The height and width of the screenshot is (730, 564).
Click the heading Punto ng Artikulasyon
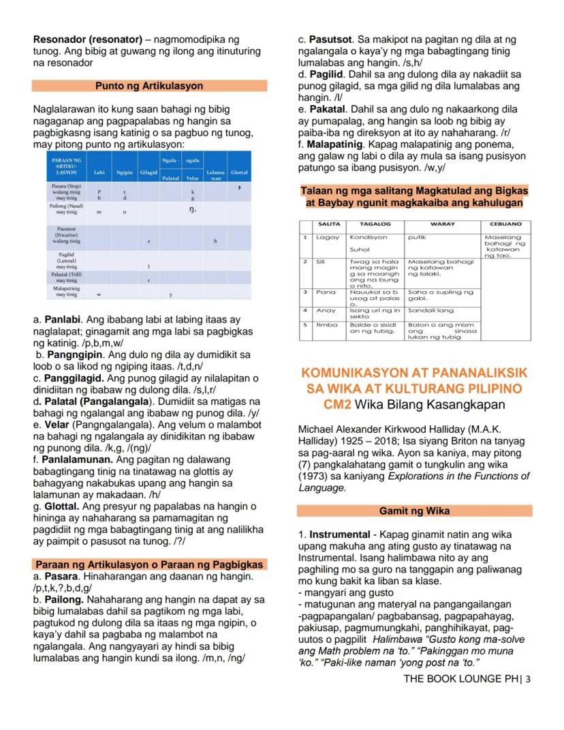[149, 86]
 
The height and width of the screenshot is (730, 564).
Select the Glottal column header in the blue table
[239, 172]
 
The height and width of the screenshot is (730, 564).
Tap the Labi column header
[99, 172]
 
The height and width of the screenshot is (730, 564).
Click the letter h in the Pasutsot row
[215, 241]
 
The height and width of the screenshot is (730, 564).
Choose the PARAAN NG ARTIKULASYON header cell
[66, 166]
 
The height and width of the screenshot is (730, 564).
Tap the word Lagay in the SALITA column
[327, 237]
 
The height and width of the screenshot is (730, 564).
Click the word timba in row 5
[327, 324]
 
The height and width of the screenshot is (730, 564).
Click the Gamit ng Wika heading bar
[414, 511]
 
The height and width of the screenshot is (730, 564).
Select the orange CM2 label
[338, 404]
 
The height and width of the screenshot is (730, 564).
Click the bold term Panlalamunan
[78, 459]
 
